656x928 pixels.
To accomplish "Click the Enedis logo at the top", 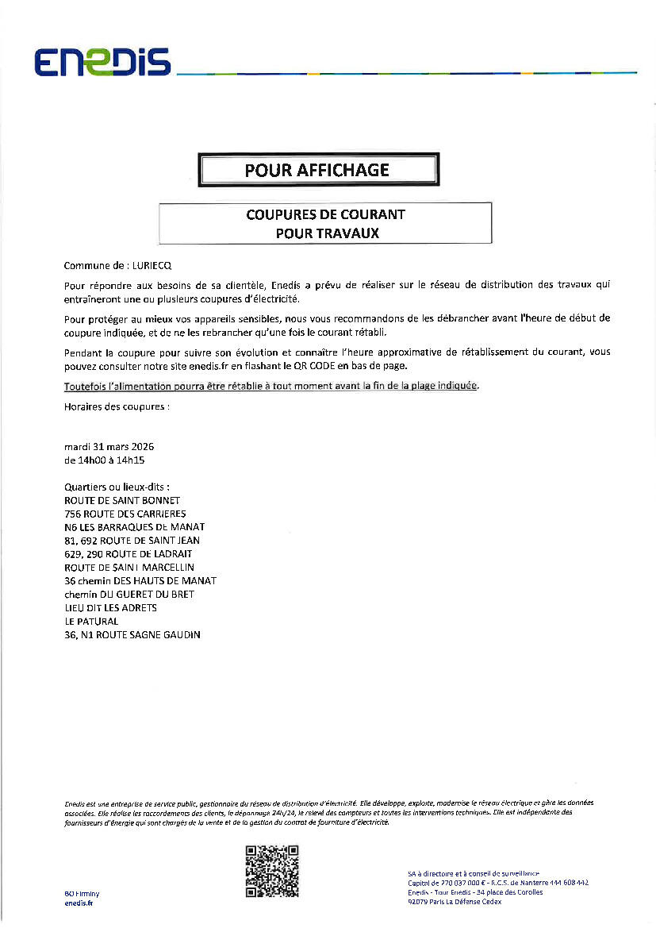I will coord(102,63).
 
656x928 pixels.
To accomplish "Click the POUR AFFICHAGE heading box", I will coord(317,170).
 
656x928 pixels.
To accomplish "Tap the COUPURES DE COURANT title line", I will coord(325,214).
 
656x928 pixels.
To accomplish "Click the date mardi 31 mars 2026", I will coord(109,447).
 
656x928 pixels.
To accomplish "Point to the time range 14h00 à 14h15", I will coord(109,460).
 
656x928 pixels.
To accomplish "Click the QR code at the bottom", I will coord(272,871).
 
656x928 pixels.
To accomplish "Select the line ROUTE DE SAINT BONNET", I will coord(122,500).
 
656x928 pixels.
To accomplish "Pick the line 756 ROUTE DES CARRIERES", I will coord(125,514).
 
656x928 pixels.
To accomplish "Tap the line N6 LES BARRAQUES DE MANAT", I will coord(134,527).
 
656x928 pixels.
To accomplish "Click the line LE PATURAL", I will coord(91,622).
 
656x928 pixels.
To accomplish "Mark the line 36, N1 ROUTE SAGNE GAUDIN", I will coord(132,635).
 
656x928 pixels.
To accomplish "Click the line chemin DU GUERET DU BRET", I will coord(129,594).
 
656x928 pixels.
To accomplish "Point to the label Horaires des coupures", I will coord(117,406).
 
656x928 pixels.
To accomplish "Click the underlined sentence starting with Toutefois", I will coord(271,386).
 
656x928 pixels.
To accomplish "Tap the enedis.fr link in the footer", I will coord(79,903).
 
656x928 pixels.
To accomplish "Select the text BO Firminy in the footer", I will coord(82,893).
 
